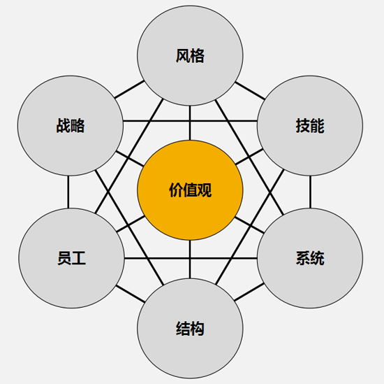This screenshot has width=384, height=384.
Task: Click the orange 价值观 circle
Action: tap(190, 190)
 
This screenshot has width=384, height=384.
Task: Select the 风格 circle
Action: tap(190, 56)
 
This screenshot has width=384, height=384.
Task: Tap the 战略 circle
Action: tap(71, 125)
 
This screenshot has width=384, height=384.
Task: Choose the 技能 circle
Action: tap(310, 125)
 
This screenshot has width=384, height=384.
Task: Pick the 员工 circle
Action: tap(71, 258)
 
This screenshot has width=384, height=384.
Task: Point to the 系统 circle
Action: tap(310, 258)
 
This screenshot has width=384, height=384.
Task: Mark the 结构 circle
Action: tap(190, 328)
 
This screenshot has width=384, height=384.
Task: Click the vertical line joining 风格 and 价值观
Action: tap(190, 123)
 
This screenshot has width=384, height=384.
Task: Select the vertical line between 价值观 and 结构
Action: tap(190, 259)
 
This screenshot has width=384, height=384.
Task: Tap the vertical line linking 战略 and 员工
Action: tap(68, 192)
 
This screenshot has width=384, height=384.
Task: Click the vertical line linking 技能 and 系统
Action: tap(310, 192)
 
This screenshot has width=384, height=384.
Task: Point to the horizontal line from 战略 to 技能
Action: tap(190, 121)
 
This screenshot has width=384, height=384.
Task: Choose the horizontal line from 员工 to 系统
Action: tap(191, 258)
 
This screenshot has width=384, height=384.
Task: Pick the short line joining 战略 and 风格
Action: tap(129, 90)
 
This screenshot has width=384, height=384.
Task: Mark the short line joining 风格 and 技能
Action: tap(250, 91)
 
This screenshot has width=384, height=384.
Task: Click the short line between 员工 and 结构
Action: tap(131, 294)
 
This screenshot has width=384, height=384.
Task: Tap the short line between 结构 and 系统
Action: tap(249, 292)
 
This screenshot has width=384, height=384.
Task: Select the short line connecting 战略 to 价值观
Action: tap(130, 159)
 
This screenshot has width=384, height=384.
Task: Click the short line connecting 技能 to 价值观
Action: tap(249, 157)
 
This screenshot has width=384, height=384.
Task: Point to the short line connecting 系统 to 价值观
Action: tap(249, 225)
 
